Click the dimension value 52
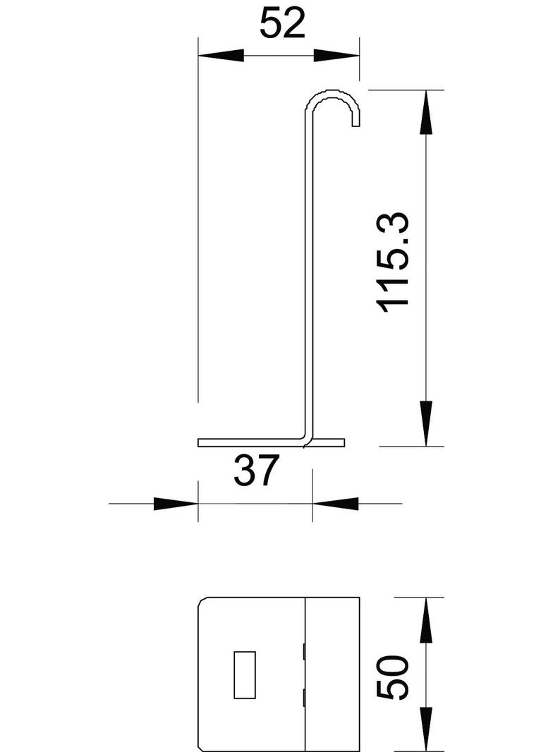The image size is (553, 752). click(282, 24)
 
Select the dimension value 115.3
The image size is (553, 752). click(394, 261)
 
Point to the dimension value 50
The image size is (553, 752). click(393, 677)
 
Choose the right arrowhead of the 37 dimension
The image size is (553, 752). click(334, 504)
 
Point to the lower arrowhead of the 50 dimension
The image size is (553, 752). click(425, 727)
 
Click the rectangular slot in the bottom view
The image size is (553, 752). click(244, 674)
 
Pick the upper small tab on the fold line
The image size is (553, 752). click(304, 651)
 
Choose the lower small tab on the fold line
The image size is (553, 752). click(304, 698)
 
